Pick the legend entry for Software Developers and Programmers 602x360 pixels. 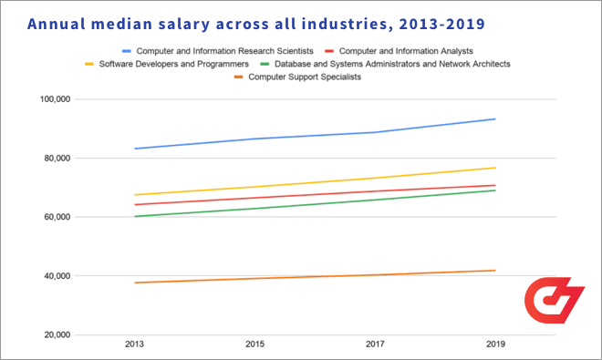pyautogui.click(x=172, y=64)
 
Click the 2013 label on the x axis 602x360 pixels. pyautogui.click(x=135, y=345)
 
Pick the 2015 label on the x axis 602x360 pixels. pyautogui.click(x=255, y=345)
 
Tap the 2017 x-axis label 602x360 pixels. pyautogui.click(x=375, y=345)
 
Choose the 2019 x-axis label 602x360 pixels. pyautogui.click(x=495, y=345)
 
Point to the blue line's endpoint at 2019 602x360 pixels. pyautogui.click(x=495, y=118)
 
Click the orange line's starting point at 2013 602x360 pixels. pyautogui.click(x=135, y=283)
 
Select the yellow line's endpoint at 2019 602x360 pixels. pyautogui.click(x=495, y=168)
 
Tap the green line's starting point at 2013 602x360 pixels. pyautogui.click(x=135, y=216)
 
